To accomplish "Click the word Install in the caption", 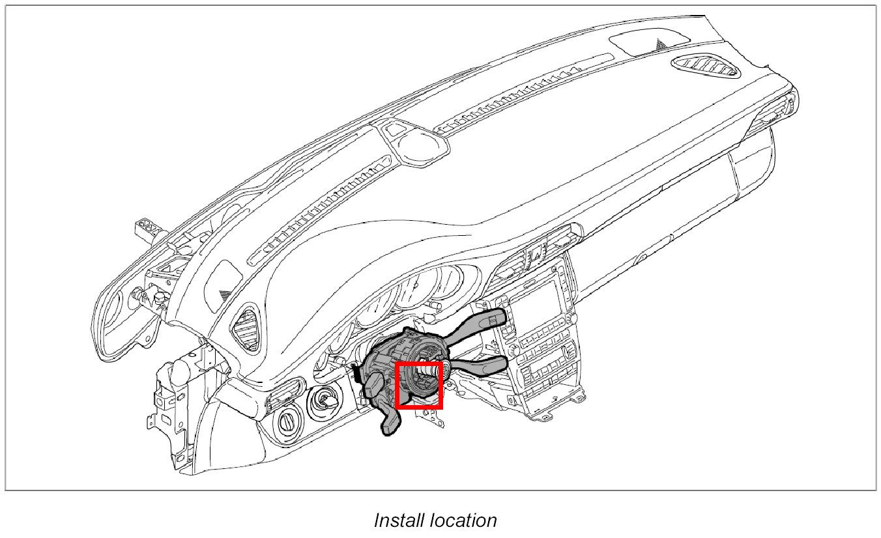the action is click(x=399, y=521).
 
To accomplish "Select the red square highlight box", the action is click(x=419, y=386).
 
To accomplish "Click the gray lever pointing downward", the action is click(x=390, y=420).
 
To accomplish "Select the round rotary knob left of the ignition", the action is click(x=286, y=421).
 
